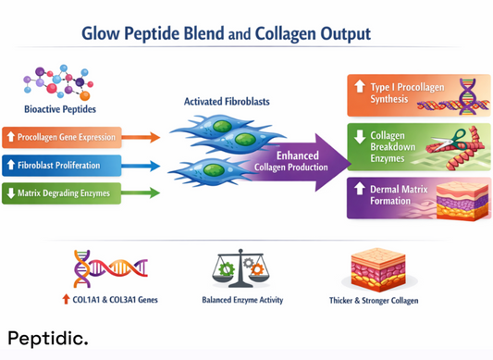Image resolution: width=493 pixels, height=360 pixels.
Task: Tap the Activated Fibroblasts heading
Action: click(x=215, y=101)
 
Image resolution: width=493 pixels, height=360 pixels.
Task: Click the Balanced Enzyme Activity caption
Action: click(x=242, y=301)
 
